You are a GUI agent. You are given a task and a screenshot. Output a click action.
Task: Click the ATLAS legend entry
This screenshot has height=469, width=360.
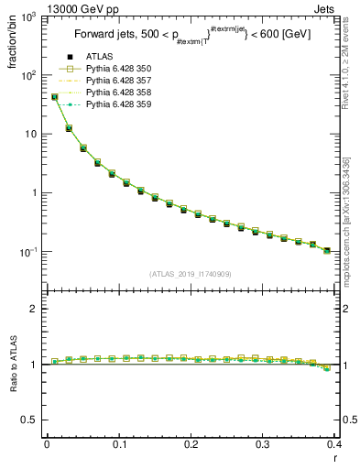pos(98,58)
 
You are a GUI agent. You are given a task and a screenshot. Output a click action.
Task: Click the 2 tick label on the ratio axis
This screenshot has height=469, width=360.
pos(33,309)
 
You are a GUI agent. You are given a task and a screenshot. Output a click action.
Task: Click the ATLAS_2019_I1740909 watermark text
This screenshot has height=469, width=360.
pos(191,273)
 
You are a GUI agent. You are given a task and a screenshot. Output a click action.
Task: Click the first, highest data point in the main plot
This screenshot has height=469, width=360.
pos(54,96)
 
